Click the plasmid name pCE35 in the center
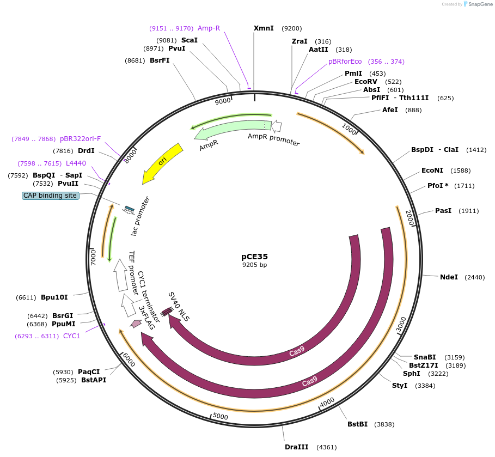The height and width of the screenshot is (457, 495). (254, 256)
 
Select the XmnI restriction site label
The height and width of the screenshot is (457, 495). (264, 28)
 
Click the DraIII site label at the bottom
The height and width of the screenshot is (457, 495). (296, 447)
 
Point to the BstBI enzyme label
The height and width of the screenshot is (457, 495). (357, 424)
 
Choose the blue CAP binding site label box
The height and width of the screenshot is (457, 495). (51, 196)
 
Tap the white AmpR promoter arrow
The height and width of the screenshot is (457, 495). (277, 126)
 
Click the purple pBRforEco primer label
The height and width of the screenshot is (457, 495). (345, 62)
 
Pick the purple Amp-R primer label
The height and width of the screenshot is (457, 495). (209, 28)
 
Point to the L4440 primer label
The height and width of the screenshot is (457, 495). (76, 163)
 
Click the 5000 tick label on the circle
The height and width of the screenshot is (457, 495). (220, 417)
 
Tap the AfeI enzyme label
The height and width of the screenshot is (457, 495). (390, 110)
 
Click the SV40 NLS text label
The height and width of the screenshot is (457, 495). (179, 306)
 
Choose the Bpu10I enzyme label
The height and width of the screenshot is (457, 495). (54, 297)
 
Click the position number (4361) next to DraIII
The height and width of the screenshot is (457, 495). (325, 447)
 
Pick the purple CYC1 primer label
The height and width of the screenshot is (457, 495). (71, 336)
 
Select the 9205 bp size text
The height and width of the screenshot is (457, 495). (254, 265)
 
